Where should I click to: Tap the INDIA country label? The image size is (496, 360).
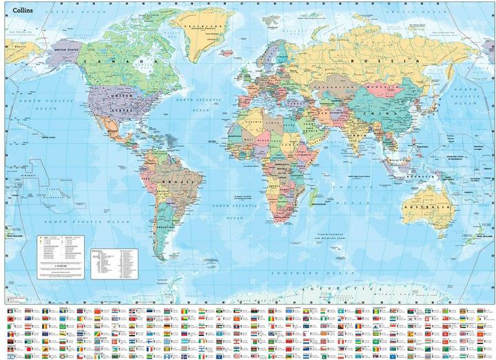coord(358,136)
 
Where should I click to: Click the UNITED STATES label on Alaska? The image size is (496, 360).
coord(68,50)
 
